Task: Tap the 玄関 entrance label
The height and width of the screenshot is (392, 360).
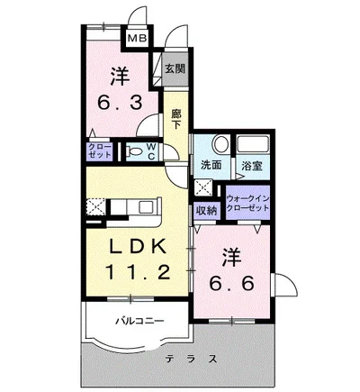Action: click(175, 68)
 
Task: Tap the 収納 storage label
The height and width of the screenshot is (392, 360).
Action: click(207, 210)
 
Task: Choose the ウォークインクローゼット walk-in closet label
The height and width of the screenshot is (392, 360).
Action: click(247, 203)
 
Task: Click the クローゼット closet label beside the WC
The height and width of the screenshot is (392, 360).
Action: click(99, 151)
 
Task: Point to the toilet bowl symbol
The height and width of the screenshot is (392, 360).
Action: click(135, 152)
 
